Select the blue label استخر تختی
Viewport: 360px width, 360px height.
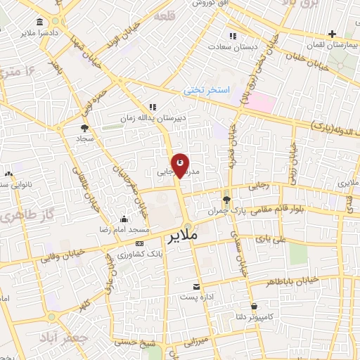click(x=203, y=90)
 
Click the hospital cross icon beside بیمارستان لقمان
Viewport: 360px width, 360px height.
click(x=333, y=33)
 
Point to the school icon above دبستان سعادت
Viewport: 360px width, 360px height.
click(x=233, y=37)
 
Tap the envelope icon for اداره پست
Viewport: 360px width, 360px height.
click(x=197, y=287)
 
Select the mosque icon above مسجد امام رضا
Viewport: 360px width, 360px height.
click(x=124, y=219)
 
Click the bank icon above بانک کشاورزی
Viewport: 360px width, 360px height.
click(x=139, y=243)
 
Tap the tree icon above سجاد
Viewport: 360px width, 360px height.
click(x=85, y=128)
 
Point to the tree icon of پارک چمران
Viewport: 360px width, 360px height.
click(x=226, y=200)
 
